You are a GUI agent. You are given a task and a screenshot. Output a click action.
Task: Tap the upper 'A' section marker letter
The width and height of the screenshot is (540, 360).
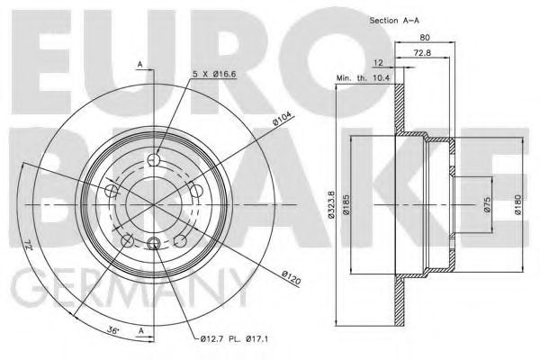click(140, 62)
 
